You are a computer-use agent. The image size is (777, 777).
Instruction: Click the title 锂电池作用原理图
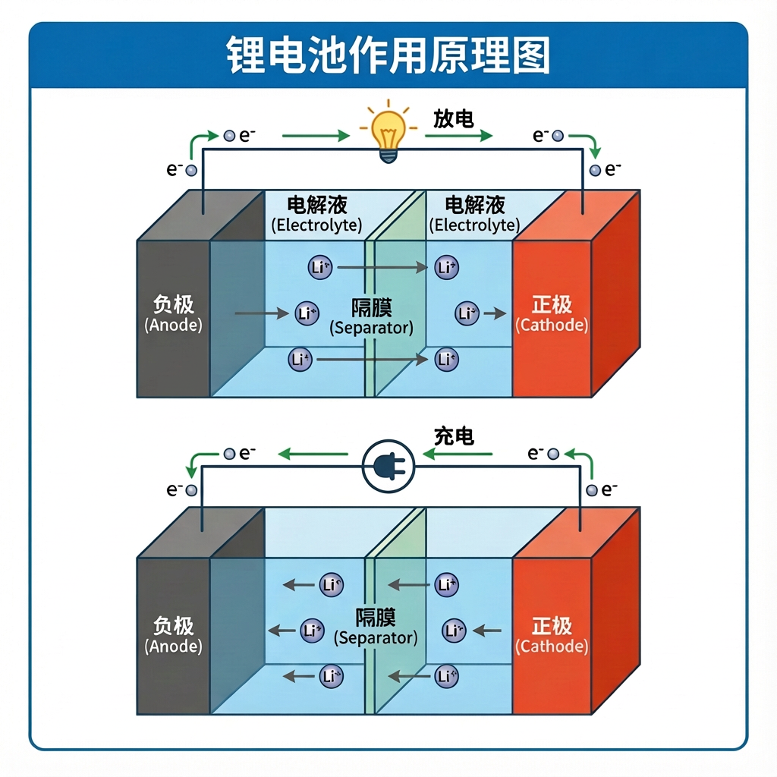(x=388, y=55)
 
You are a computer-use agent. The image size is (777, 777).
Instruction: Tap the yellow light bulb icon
(x=388, y=134)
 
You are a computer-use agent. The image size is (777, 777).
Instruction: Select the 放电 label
(x=453, y=119)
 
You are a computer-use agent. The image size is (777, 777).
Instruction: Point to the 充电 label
(x=454, y=436)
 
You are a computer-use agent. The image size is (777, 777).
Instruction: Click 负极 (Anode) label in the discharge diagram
(x=173, y=314)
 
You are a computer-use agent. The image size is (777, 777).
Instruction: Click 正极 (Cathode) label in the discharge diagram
(x=552, y=314)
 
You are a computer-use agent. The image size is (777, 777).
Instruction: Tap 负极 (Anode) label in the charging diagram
(x=173, y=635)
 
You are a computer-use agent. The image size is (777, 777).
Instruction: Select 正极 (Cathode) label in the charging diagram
(x=552, y=635)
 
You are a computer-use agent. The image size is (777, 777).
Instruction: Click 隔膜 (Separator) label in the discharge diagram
(x=371, y=318)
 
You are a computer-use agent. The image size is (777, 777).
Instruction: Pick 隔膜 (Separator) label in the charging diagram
(x=376, y=627)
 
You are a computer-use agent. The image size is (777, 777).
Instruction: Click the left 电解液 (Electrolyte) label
(x=316, y=214)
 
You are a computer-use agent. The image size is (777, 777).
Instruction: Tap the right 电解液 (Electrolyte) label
(x=474, y=214)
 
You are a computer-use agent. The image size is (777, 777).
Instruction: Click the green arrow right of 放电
(x=458, y=137)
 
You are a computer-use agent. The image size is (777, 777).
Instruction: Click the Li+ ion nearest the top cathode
(x=467, y=313)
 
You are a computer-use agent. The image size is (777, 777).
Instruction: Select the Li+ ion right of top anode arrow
(x=306, y=313)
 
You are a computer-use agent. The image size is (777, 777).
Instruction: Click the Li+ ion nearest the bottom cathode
(x=454, y=630)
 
